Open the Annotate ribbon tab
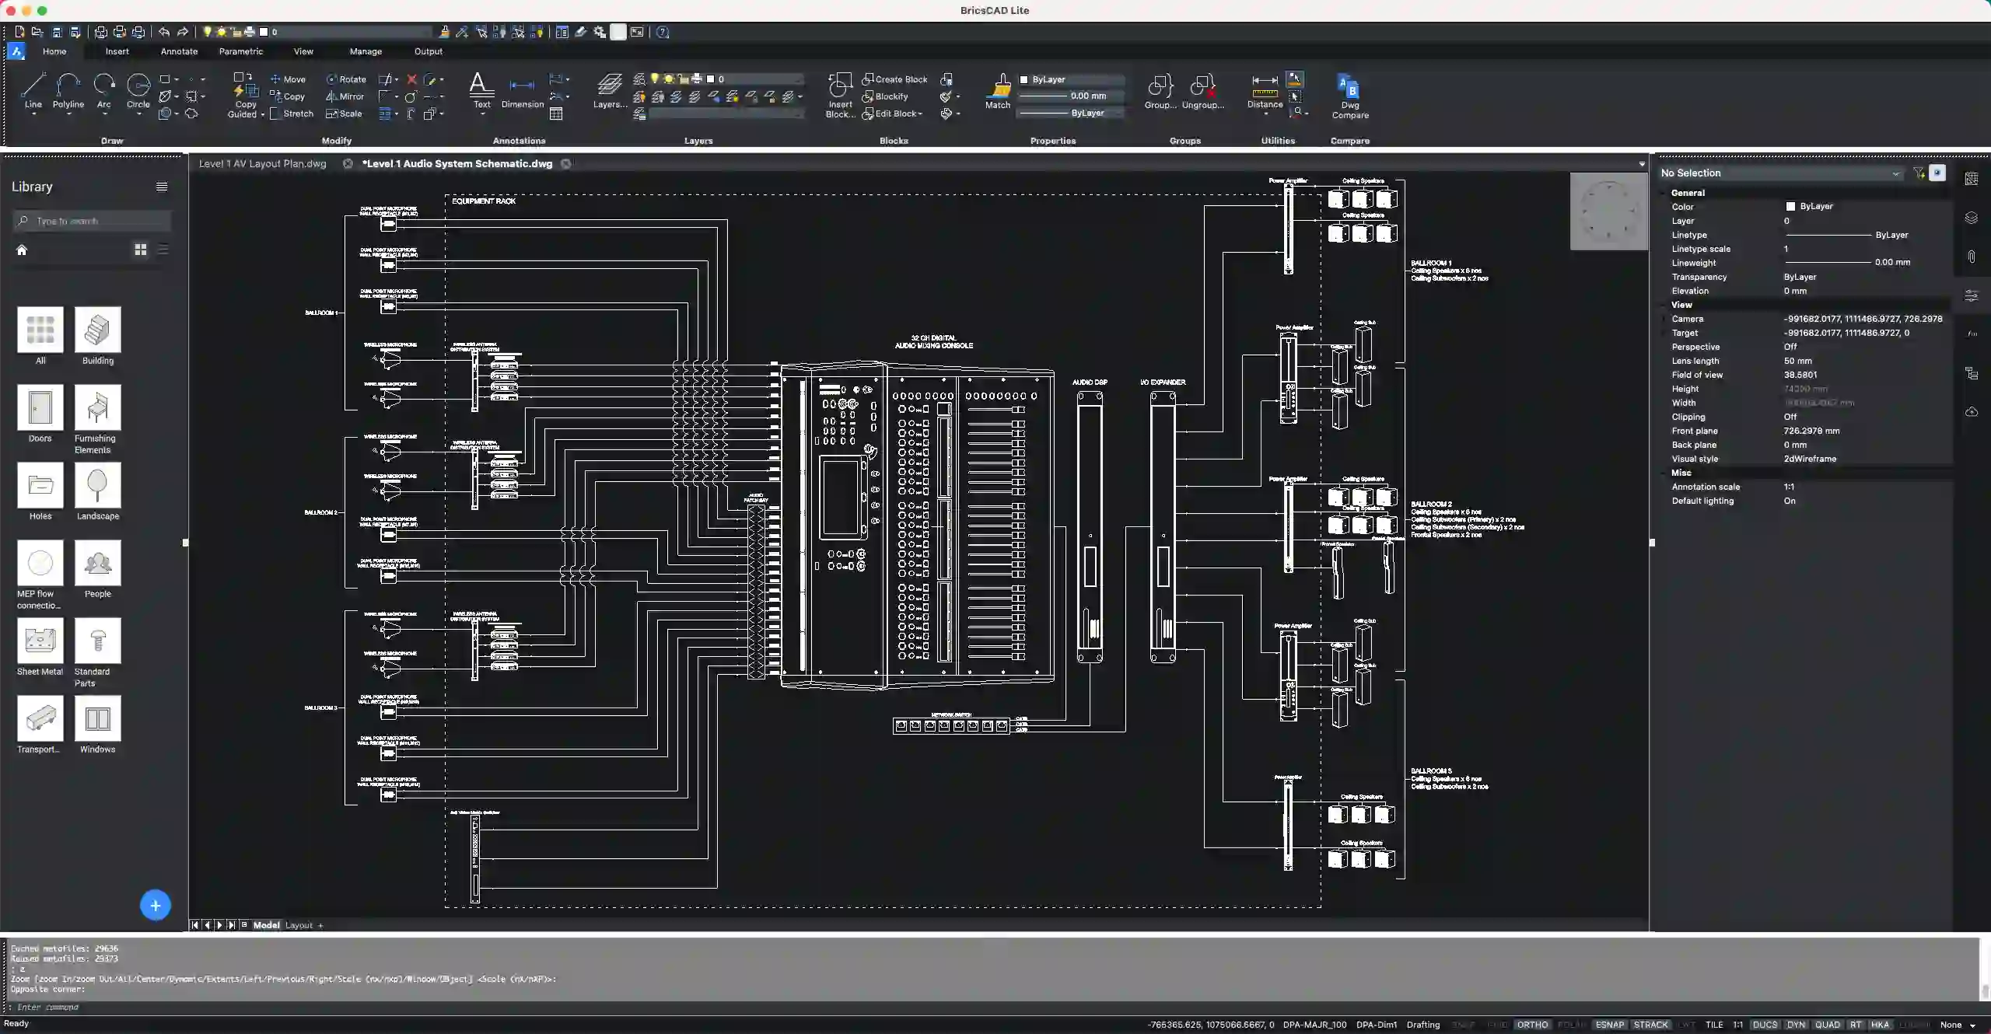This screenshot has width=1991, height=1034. (179, 51)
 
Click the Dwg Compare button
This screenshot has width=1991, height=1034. (1349, 96)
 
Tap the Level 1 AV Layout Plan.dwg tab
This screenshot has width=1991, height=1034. (262, 164)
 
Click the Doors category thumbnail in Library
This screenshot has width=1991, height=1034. (40, 407)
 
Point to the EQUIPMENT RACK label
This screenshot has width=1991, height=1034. (484, 201)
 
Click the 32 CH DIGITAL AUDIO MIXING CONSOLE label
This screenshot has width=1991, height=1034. (933, 342)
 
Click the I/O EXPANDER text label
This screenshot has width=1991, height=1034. (1163, 383)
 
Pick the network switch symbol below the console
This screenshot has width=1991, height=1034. (950, 726)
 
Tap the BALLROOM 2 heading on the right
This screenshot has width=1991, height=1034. (1431, 505)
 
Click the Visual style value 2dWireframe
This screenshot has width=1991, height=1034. (1810, 459)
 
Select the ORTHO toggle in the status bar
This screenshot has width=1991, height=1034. (1532, 1025)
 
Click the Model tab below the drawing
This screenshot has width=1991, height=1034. (266, 925)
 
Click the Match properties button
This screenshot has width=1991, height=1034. (998, 92)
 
